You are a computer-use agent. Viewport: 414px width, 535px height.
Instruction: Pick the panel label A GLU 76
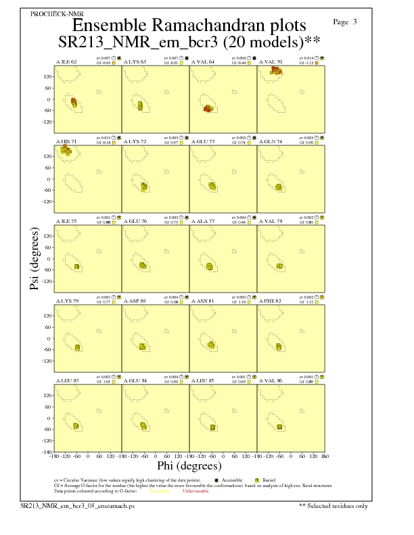(x=135, y=221)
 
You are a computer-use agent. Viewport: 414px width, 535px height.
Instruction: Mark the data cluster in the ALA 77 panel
(x=210, y=267)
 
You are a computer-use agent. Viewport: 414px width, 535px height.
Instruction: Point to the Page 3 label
(x=345, y=22)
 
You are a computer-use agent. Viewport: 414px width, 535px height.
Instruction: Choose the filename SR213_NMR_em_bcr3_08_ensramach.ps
(x=77, y=505)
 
